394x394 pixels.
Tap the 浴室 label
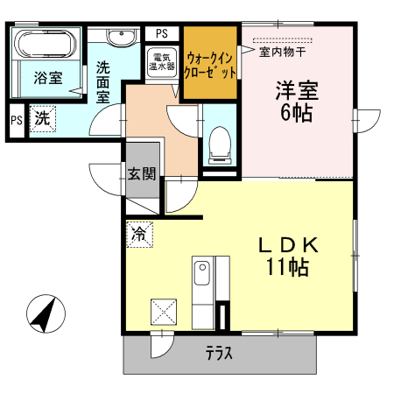click(48, 78)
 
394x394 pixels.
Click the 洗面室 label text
click(103, 81)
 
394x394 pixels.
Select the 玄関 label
click(141, 173)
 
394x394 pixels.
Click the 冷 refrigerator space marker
click(139, 234)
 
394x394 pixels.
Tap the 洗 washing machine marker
click(42, 117)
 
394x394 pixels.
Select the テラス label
click(218, 355)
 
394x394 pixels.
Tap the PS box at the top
click(161, 33)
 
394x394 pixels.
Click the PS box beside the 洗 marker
click(16, 120)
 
